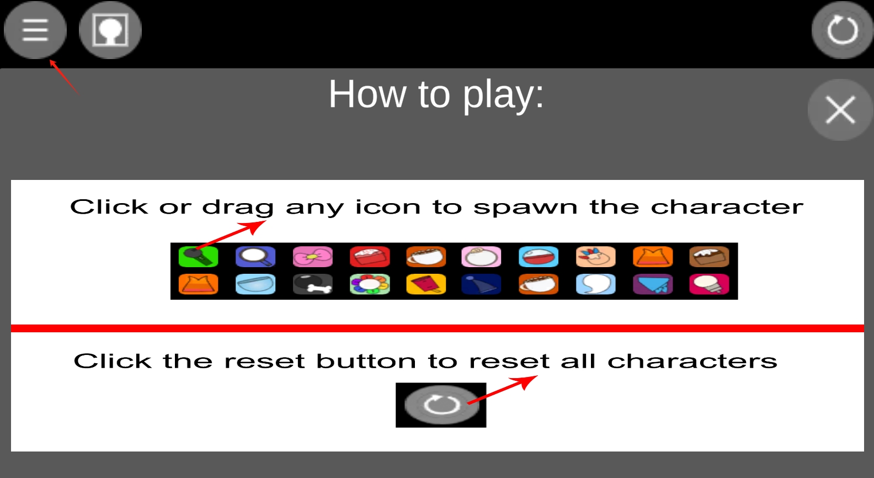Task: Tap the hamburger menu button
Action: [35, 30]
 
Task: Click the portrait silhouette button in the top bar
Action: [110, 30]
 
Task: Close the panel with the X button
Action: [840, 110]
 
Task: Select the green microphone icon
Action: [198, 257]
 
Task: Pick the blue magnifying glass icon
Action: [255, 257]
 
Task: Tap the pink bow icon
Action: [313, 257]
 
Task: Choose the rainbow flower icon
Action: [370, 284]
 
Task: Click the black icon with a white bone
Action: [313, 284]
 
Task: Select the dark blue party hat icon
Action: [481, 284]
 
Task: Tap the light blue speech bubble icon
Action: [596, 284]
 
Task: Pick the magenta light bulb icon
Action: [710, 284]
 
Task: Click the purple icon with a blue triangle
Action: [653, 284]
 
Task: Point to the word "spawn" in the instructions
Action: [525, 207]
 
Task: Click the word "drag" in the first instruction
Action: [238, 207]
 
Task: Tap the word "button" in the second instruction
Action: [366, 361]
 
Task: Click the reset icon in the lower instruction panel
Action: [441, 405]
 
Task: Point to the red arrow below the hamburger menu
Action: [65, 77]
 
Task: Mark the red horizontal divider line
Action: [438, 328]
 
